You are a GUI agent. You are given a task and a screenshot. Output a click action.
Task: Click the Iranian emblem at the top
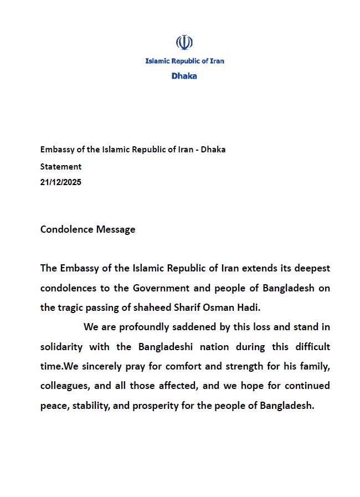(184, 43)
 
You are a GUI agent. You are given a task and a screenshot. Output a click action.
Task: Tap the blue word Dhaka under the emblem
(184, 76)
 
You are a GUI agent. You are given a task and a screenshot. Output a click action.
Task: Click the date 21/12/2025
(61, 182)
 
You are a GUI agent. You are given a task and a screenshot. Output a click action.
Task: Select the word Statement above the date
(61, 166)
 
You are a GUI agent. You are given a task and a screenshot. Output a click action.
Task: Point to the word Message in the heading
(115, 229)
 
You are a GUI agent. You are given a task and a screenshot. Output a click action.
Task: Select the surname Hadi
(249, 308)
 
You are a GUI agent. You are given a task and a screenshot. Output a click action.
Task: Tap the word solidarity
(61, 347)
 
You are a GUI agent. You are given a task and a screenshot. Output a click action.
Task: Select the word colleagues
(63, 386)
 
